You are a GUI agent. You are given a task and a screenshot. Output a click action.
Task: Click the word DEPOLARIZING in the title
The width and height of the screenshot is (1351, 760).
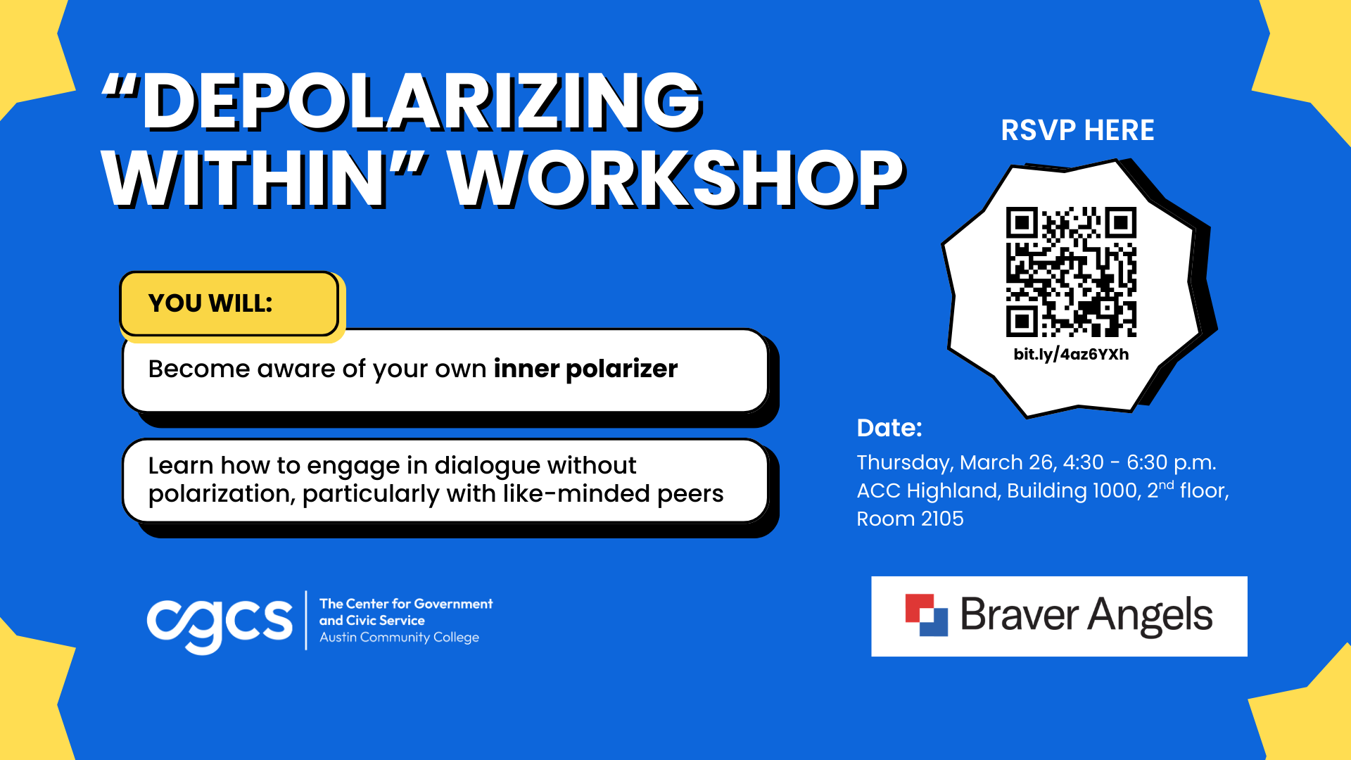pyautogui.click(x=422, y=102)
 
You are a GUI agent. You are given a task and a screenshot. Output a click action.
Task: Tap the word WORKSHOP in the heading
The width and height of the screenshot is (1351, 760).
pyautogui.click(x=675, y=179)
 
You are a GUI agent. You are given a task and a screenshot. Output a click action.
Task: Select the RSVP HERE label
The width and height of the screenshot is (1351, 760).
pyautogui.click(x=1077, y=130)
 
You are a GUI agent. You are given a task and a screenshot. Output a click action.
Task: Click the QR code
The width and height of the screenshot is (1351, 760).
pyautogui.click(x=1071, y=272)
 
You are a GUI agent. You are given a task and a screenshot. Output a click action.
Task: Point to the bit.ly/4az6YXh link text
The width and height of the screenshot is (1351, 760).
pyautogui.click(x=1071, y=354)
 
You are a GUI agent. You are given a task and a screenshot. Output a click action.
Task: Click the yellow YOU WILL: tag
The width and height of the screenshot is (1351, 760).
pyautogui.click(x=229, y=303)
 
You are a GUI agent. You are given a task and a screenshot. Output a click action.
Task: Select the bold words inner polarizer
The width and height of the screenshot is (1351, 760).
pyautogui.click(x=585, y=369)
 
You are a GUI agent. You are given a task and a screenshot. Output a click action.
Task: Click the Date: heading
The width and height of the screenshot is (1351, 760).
pyautogui.click(x=889, y=428)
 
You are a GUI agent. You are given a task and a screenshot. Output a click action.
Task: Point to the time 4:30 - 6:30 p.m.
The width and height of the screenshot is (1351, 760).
pyautogui.click(x=1139, y=462)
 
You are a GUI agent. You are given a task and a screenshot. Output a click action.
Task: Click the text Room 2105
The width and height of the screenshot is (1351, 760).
pyautogui.click(x=910, y=519)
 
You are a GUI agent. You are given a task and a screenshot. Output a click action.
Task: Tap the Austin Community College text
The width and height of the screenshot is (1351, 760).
pyautogui.click(x=399, y=638)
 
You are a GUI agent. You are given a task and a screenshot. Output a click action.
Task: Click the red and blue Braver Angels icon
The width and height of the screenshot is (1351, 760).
pyautogui.click(x=926, y=615)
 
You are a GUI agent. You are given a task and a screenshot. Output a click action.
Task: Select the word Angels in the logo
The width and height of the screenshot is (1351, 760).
pyautogui.click(x=1150, y=615)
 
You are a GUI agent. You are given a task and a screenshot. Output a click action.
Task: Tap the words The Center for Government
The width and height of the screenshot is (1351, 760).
pyautogui.click(x=406, y=604)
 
